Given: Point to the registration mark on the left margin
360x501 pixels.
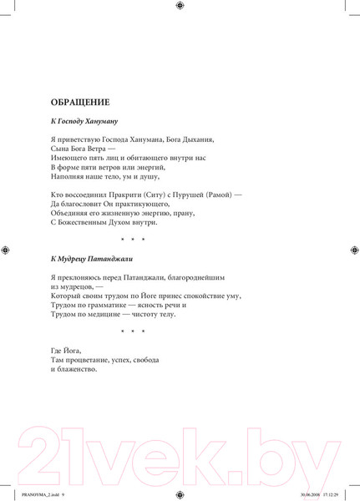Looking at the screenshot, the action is [6, 250].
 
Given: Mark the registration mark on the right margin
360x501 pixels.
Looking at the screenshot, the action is [353, 250].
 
